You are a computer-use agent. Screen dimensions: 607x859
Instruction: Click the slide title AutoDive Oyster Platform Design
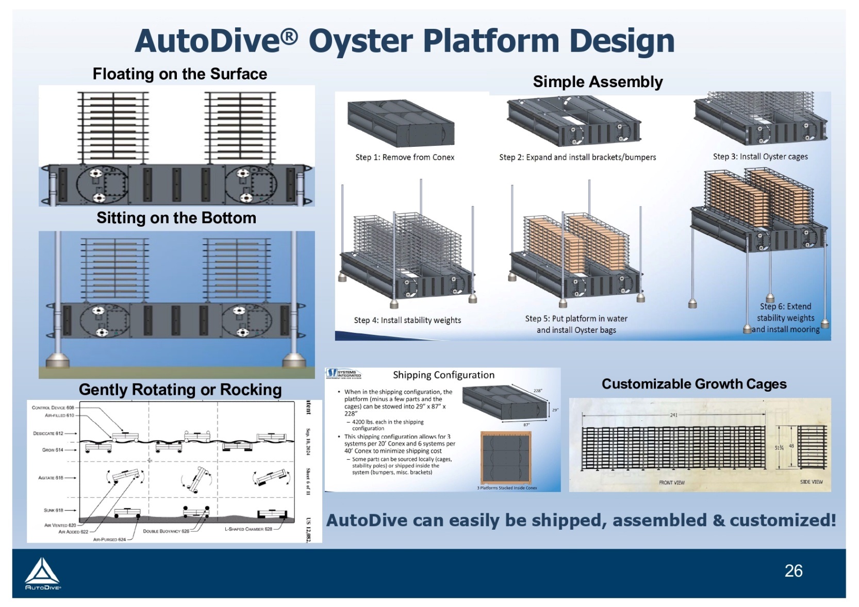[404, 41]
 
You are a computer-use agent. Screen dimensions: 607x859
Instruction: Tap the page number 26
[793, 570]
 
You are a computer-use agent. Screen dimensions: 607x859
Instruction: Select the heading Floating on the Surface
[179, 74]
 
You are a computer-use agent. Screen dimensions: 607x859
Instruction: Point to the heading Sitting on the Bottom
[176, 218]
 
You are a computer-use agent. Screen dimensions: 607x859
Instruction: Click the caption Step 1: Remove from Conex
[405, 157]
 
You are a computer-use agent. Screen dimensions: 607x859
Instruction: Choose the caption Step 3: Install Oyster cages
[760, 157]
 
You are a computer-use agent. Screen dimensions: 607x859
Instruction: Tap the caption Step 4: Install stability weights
[407, 320]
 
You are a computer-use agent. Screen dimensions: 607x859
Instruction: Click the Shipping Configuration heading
[443, 375]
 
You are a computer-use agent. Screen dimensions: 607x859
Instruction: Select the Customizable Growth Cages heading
[694, 384]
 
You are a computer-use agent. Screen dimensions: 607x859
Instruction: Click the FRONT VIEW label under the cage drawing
[672, 483]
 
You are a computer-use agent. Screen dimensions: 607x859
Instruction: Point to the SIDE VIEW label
[811, 482]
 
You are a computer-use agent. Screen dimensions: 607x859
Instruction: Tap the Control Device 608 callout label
[53, 408]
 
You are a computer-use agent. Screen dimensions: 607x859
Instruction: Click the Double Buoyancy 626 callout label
[166, 531]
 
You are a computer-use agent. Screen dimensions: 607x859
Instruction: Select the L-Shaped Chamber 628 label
[248, 529]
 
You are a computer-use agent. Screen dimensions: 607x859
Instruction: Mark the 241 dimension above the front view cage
[673, 415]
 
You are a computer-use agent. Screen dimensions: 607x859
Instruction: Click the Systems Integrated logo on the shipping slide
[344, 374]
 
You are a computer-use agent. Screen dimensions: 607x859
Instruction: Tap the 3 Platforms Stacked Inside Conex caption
[507, 487]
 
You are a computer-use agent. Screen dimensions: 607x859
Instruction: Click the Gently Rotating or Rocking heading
[180, 390]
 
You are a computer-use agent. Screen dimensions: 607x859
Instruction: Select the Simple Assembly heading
[598, 82]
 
